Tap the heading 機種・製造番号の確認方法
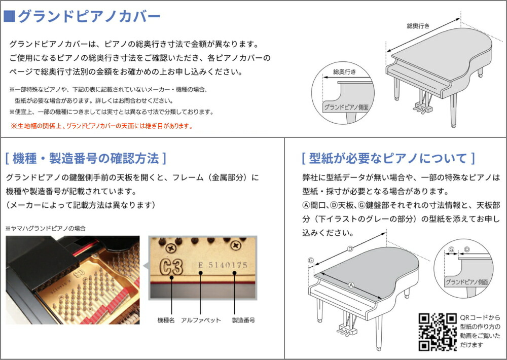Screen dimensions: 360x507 point(86,158)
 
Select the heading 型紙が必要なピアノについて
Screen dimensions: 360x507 point(388,158)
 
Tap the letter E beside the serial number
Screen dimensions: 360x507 point(201,265)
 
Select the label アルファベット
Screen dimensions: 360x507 point(201,320)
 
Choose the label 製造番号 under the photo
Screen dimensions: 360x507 point(243,320)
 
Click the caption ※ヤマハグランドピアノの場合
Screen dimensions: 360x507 point(46,229)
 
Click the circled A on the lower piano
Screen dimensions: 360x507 point(350,285)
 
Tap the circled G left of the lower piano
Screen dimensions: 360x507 point(310,260)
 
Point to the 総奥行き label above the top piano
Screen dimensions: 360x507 point(418,25)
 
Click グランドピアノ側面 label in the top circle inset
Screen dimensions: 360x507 point(346,107)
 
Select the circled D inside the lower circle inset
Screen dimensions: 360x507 point(467,249)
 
